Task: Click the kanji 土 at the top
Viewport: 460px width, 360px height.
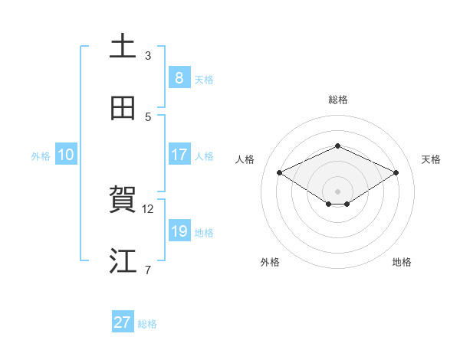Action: click(123, 46)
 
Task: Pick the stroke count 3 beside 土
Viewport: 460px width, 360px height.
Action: click(148, 56)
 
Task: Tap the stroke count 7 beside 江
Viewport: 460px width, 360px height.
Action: click(148, 270)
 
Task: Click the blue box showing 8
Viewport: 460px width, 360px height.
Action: click(179, 78)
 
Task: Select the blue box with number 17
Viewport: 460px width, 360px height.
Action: click(179, 155)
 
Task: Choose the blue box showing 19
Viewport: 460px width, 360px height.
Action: click(179, 231)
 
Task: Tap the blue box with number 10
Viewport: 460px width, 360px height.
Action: click(66, 155)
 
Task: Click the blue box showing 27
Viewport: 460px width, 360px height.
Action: click(123, 322)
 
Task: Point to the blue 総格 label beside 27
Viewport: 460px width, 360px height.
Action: click(147, 324)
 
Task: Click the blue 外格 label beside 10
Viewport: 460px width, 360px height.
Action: click(41, 156)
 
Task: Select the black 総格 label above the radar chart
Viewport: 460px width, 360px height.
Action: click(337, 100)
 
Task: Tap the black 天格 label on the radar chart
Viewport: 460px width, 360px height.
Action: click(431, 159)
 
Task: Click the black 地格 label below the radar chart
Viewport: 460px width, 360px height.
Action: click(402, 263)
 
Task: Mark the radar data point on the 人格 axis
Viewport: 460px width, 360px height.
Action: click(280, 173)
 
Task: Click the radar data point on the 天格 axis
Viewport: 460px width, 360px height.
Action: click(396, 173)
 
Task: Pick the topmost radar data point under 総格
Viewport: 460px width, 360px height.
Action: click(337, 146)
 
